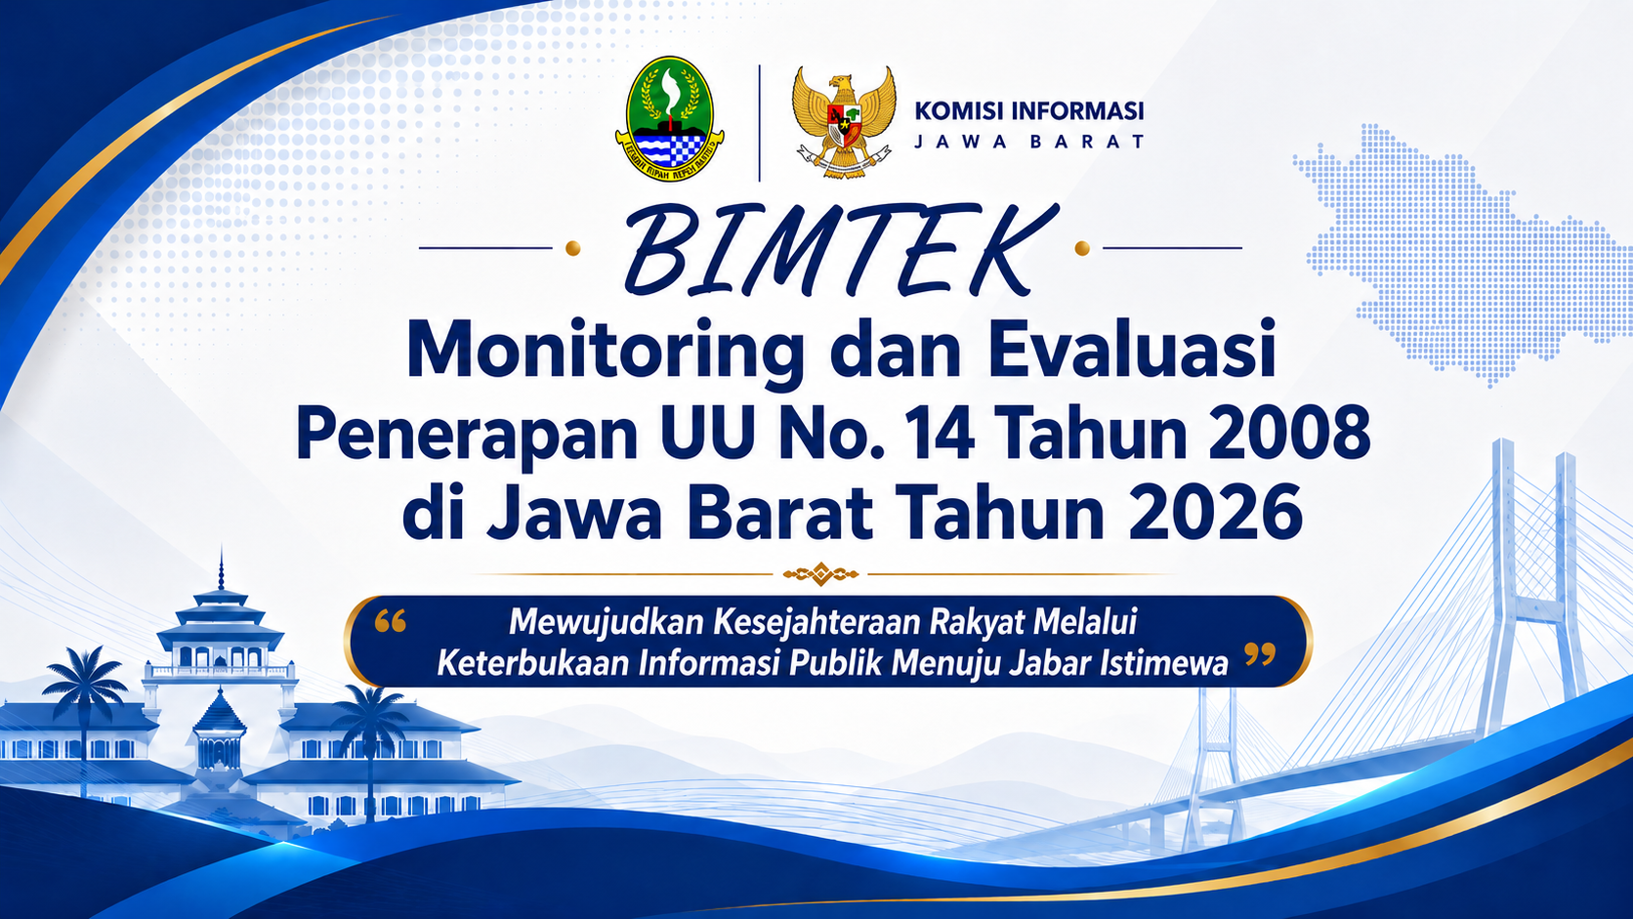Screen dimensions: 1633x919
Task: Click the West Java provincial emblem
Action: (x=669, y=118)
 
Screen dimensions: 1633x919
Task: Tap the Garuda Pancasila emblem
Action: (x=844, y=121)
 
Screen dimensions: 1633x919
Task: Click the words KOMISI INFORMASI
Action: (x=1028, y=111)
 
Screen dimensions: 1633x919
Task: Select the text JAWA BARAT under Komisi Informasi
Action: (x=1028, y=142)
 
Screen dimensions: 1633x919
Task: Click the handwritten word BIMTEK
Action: (x=838, y=250)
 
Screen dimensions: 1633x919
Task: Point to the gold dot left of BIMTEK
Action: (x=573, y=248)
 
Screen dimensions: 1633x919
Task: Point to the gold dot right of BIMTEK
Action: (x=1082, y=248)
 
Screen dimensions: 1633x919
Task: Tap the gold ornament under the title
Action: (x=820, y=574)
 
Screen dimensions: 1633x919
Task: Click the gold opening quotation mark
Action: (x=390, y=621)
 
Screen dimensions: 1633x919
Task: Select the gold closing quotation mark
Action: (x=1260, y=654)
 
